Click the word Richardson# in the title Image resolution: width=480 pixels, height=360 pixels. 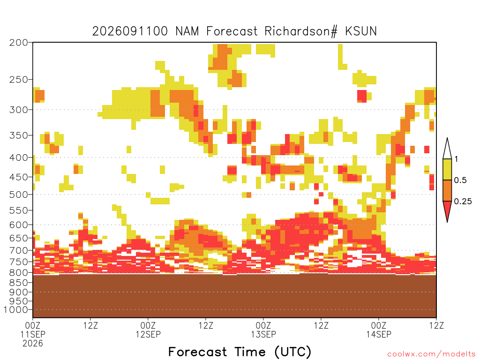pyautogui.click(x=301, y=31)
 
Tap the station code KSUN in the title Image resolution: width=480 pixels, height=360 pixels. pyautogui.click(x=360, y=31)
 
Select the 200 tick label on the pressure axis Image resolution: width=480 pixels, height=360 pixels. pyautogui.click(x=19, y=43)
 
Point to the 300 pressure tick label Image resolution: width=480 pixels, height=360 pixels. pyautogui.click(x=19, y=110)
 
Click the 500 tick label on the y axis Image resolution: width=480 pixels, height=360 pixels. pyautogui.click(x=19, y=195)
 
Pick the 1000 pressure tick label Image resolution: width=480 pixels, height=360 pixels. pyautogui.click(x=16, y=310)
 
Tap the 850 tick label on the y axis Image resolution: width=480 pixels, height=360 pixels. pyautogui.click(x=19, y=283)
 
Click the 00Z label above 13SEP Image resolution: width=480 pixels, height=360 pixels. pyautogui.click(x=263, y=325)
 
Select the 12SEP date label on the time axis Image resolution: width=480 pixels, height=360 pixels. pyautogui.click(x=148, y=334)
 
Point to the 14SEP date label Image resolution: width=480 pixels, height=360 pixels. pyautogui.click(x=379, y=334)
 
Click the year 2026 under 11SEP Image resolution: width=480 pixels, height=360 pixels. pyautogui.click(x=33, y=343)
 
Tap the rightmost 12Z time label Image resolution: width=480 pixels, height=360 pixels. pyautogui.click(x=436, y=325)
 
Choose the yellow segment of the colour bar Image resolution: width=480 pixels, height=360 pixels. pyautogui.click(x=447, y=169)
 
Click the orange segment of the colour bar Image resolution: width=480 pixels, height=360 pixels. pyautogui.click(x=447, y=190)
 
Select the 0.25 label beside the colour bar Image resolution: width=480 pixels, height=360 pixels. pyautogui.click(x=463, y=201)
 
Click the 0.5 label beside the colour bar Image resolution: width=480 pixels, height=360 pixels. pyautogui.click(x=460, y=180)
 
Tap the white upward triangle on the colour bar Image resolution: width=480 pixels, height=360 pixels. pyautogui.click(x=447, y=149)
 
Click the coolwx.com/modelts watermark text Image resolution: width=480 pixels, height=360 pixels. pyautogui.click(x=431, y=354)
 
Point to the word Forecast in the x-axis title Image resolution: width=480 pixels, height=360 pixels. pyautogui.click(x=198, y=352)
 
